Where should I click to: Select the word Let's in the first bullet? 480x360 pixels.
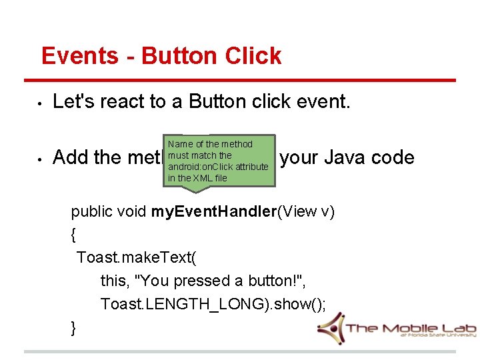click(x=71, y=101)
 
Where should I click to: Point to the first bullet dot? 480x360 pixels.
click(x=40, y=103)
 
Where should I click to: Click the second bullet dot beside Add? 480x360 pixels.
click(x=40, y=159)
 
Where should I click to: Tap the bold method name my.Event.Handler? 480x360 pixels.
click(x=213, y=212)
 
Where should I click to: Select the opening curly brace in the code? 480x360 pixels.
click(x=73, y=235)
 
